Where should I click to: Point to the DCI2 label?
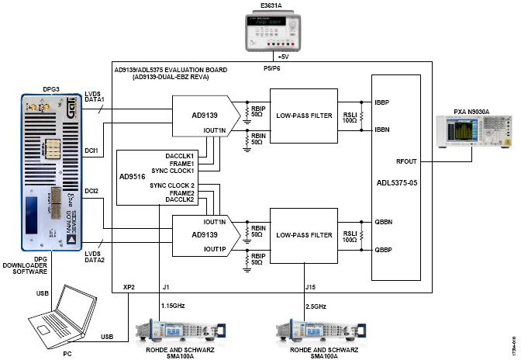pyautogui.click(x=93, y=191)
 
